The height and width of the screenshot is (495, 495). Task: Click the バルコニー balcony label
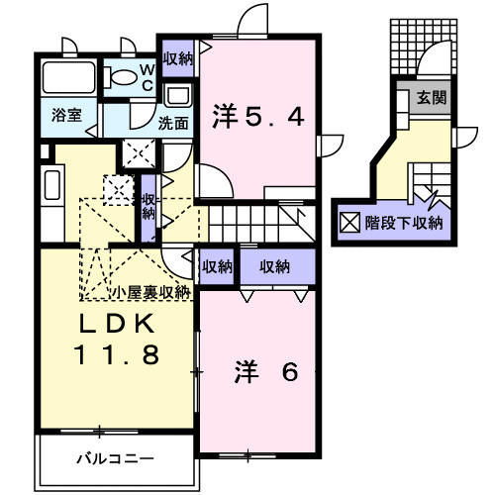[115, 458]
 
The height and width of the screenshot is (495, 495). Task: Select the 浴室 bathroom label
[67, 115]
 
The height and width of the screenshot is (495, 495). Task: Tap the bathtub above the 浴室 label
[70, 78]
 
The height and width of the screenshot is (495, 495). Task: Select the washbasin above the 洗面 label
[178, 97]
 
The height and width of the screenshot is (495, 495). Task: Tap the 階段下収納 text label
[403, 222]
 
